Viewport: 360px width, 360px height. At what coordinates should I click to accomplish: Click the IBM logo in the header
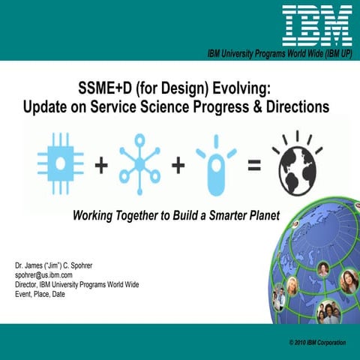coord(317,24)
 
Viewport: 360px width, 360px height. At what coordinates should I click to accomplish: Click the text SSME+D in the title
coord(104,87)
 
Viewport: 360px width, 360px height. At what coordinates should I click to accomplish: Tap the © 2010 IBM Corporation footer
coord(316,342)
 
